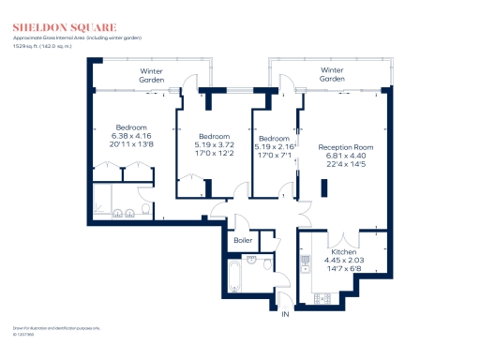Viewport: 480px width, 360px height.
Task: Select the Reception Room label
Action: (346, 147)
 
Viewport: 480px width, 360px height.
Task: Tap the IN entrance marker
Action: (285, 314)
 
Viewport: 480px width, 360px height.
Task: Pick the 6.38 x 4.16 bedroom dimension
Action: (130, 136)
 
